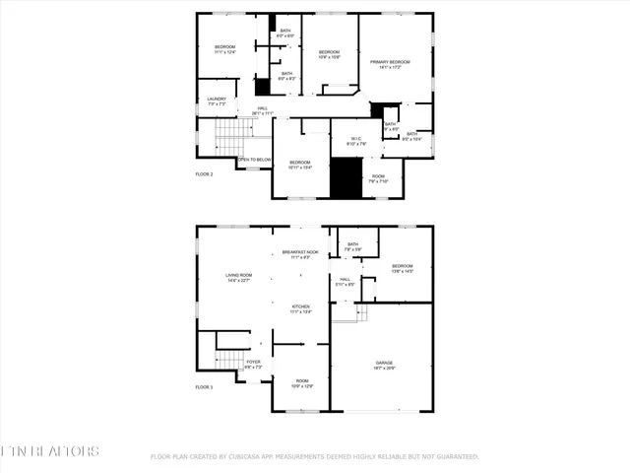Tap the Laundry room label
[218, 101]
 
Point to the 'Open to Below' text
[255, 159]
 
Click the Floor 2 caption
[204, 173]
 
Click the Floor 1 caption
[204, 387]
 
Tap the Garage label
[383, 365]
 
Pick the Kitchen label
[300, 309]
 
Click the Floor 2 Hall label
[263, 110]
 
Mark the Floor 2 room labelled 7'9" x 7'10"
[379, 179]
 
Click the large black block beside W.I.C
[346, 177]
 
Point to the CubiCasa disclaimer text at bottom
[315, 457]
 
